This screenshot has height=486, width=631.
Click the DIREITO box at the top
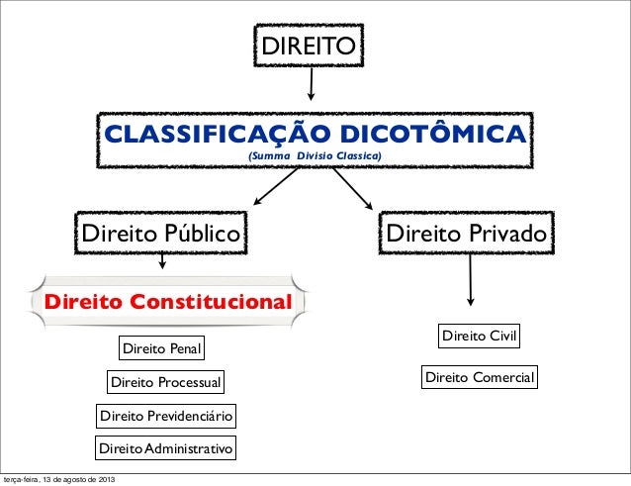tap(310, 46)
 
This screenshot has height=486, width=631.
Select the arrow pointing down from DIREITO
tap(313, 84)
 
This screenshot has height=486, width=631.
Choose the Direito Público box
tap(161, 235)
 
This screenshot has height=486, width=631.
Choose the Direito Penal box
tap(161, 349)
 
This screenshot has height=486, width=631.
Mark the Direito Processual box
tap(166, 383)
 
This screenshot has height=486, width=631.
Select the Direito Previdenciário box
tap(166, 417)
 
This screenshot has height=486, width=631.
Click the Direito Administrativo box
tap(166, 450)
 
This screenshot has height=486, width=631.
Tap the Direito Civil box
tap(480, 337)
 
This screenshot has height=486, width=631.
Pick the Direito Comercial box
tap(480, 377)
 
